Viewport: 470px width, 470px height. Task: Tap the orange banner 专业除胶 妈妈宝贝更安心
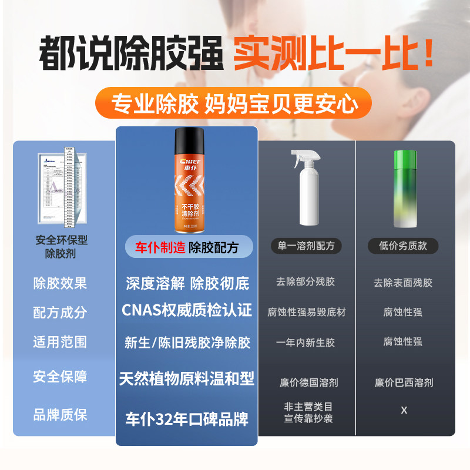pos(234,104)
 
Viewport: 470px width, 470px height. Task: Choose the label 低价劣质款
pos(403,246)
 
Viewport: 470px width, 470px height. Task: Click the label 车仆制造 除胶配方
pos(187,247)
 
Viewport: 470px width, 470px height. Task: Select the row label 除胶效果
pos(60,283)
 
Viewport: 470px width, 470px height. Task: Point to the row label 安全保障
pos(60,376)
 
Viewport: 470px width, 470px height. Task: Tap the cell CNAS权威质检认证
pos(187,310)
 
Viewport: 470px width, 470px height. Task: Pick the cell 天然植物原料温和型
pos(187,378)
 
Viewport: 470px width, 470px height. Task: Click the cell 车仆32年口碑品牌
pos(187,419)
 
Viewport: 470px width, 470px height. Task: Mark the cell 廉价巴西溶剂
pos(404,382)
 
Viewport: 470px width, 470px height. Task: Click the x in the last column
pos(404,410)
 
